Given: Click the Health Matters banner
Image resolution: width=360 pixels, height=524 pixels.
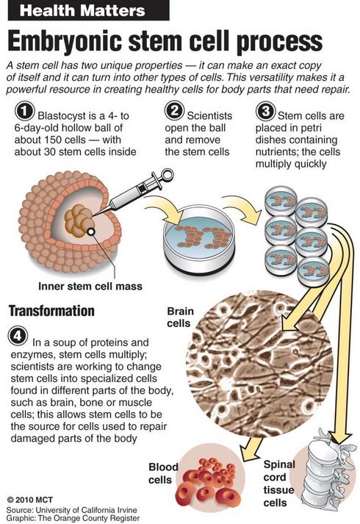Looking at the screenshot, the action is pos(88,10).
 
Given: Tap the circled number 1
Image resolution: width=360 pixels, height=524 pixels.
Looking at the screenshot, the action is pos(25,112).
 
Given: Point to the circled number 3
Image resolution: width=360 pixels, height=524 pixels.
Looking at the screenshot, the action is pos(265,112).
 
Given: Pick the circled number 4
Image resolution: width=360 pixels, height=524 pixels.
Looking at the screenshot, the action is pos(18,337).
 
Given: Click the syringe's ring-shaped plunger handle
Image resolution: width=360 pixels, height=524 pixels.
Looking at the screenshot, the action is pos(166,175).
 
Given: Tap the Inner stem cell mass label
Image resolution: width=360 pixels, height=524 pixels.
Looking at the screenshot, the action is pos(90,287).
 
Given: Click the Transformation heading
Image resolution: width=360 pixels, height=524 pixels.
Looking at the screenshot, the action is pos(51,311).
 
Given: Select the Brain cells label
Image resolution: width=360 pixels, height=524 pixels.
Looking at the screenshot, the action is pos(180,317).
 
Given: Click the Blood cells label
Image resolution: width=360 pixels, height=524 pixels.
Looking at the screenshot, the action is pos(163,473).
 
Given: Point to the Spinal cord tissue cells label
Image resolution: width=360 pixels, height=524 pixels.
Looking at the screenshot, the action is pos(279,484).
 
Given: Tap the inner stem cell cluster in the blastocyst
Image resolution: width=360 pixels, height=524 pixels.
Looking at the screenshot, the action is pos(79,220).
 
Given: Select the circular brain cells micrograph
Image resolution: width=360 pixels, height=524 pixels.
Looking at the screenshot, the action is pos(260,365).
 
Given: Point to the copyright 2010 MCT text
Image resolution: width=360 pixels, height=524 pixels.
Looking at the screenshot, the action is pos(30,500).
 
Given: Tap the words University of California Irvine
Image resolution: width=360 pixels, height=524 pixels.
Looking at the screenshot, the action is pos(86,510).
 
